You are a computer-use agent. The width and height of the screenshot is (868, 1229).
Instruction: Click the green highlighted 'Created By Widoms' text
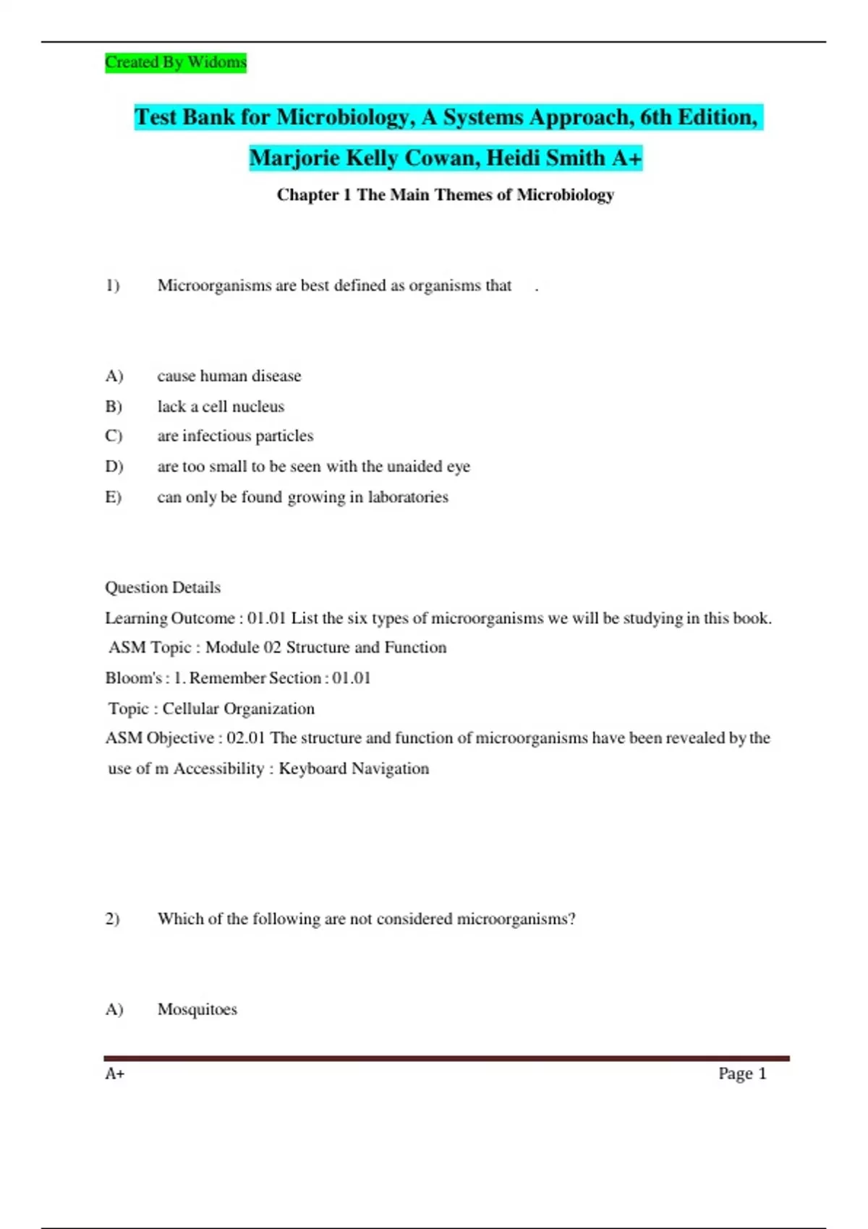(176, 62)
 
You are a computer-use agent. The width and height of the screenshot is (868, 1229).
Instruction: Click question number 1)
(113, 286)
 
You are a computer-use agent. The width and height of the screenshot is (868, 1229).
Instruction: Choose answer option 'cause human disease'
(229, 376)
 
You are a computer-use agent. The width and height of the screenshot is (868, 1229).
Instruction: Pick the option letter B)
(114, 406)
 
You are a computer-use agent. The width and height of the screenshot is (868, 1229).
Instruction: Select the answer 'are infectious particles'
(235, 436)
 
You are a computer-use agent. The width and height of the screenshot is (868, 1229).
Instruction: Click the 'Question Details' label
(163, 587)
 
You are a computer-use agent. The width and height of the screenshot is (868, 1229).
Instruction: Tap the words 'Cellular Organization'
(238, 708)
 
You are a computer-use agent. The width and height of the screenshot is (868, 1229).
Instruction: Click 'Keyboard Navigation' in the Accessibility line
(354, 768)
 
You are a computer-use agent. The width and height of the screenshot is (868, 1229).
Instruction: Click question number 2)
(113, 919)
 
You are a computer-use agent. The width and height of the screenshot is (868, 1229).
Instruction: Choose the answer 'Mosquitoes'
(197, 1009)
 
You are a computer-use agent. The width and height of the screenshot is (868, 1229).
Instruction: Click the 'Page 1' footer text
(742, 1074)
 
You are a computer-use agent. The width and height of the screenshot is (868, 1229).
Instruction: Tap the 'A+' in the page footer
(115, 1074)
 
